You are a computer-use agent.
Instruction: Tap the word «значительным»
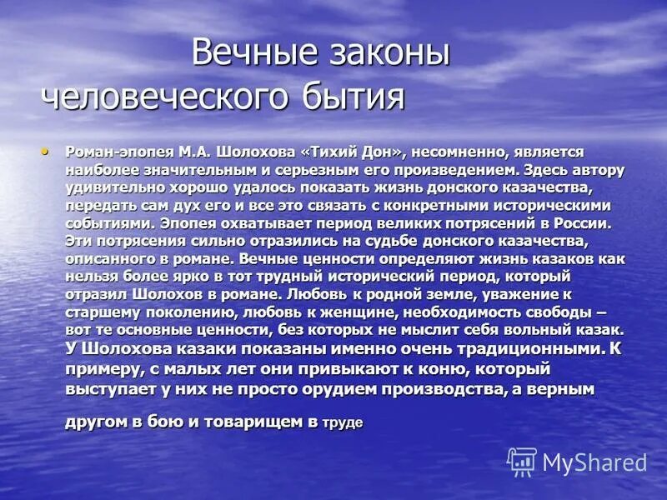click(x=190, y=170)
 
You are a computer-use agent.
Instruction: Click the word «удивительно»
click(x=115, y=187)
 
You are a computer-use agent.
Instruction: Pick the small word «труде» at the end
click(x=343, y=423)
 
